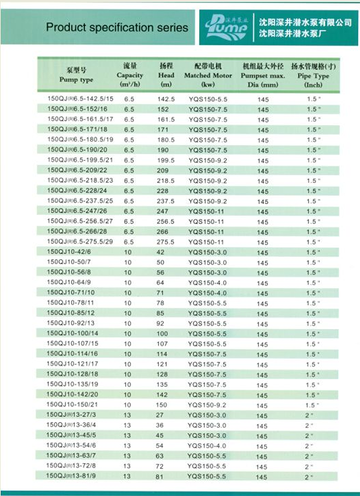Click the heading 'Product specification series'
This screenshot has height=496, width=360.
[x=117, y=27]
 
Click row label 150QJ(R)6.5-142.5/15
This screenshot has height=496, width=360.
[x=80, y=99]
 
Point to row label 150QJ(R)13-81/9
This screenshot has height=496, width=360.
[x=72, y=476]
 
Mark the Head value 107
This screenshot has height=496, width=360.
[x=163, y=344]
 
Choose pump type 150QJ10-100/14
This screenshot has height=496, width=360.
[x=73, y=334]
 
